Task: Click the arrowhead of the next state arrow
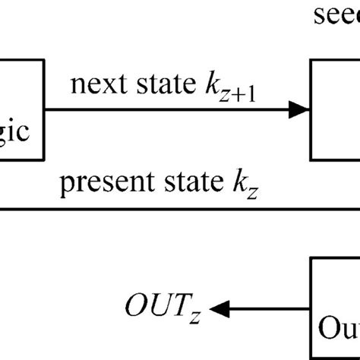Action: click(x=302, y=111)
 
